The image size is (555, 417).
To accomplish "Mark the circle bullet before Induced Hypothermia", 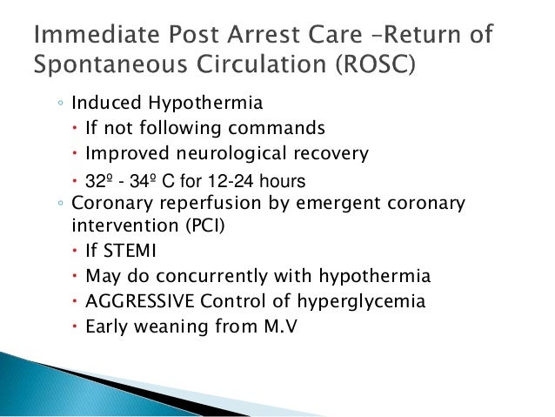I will coord(57,106).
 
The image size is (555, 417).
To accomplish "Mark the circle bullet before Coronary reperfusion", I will coord(57,205).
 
